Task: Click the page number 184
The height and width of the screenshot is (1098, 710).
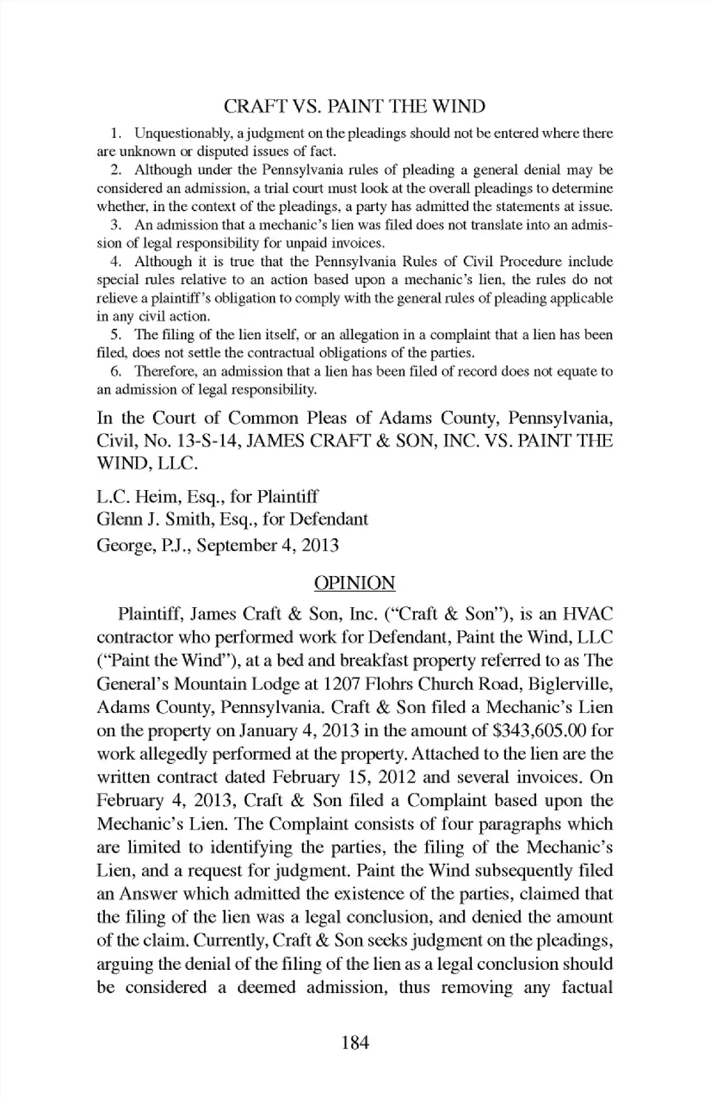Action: coord(355,1043)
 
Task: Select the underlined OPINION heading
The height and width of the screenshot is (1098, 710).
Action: coord(355,583)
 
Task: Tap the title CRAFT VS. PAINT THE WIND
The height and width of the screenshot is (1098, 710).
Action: coord(355,107)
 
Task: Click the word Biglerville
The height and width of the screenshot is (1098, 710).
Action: coord(568,683)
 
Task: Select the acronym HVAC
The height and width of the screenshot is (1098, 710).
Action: coord(588,614)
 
